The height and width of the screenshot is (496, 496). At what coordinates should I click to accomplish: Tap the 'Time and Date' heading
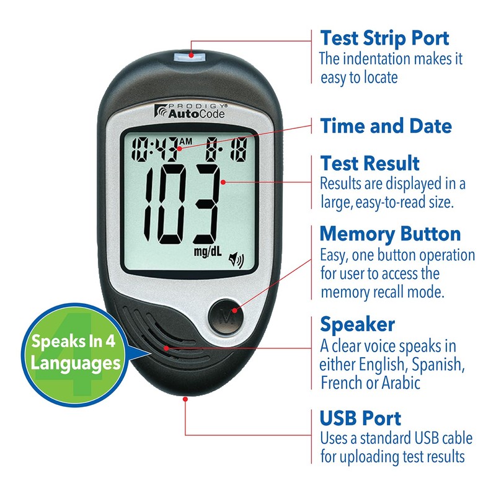click(386, 126)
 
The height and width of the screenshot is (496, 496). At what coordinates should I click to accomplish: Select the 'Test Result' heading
click(370, 164)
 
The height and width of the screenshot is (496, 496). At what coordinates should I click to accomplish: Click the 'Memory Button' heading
click(390, 234)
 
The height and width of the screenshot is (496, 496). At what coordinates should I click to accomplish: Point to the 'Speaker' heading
click(357, 324)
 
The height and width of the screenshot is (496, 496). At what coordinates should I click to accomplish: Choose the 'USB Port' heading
click(360, 417)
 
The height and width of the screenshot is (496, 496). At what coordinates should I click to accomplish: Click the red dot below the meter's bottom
click(185, 399)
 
